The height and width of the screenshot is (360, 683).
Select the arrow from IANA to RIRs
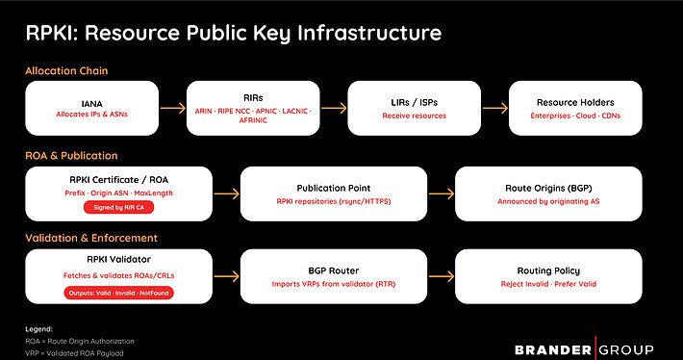173,109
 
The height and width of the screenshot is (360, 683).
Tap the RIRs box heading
253,97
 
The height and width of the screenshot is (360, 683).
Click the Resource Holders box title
574,101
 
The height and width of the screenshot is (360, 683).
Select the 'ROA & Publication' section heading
72,154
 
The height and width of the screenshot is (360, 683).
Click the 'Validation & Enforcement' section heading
92,237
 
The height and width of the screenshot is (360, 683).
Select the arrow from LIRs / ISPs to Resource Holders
493,109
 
